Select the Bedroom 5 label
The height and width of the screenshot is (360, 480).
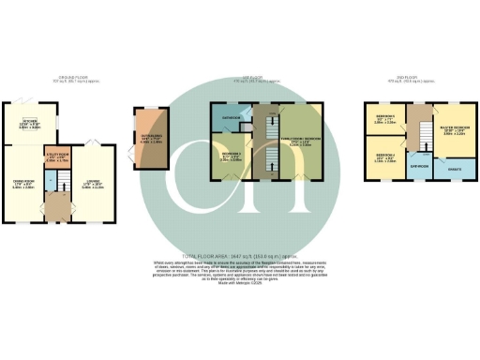pos(384,120)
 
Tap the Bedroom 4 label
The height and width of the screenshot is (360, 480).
pos(384,158)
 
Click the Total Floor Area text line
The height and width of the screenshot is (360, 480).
pos(240,255)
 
